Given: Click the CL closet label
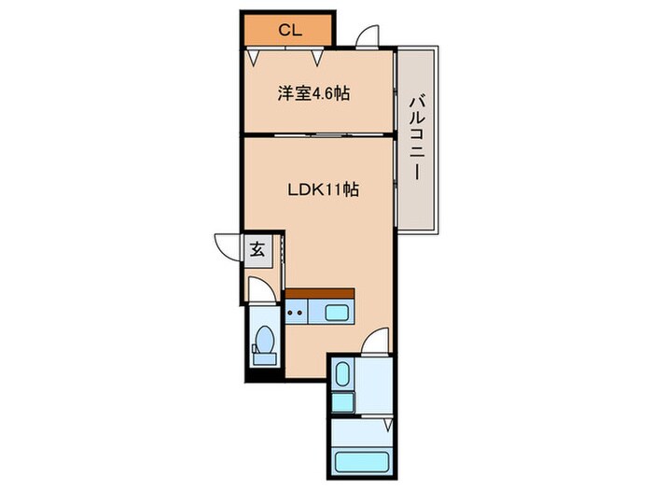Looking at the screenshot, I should click(x=289, y=29).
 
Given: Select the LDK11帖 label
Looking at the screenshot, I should click(x=323, y=189).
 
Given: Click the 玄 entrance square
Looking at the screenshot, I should click(x=257, y=248).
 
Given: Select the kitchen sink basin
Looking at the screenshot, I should click(x=337, y=312).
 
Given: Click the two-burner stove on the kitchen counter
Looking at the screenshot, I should click(x=298, y=311).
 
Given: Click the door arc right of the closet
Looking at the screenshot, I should click(x=367, y=36).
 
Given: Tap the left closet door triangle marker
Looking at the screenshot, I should click(x=253, y=58).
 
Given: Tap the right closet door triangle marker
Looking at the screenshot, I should click(x=319, y=58).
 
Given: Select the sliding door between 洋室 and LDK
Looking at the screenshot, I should click(x=317, y=136).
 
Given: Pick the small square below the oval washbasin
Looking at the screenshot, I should click(x=341, y=402).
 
